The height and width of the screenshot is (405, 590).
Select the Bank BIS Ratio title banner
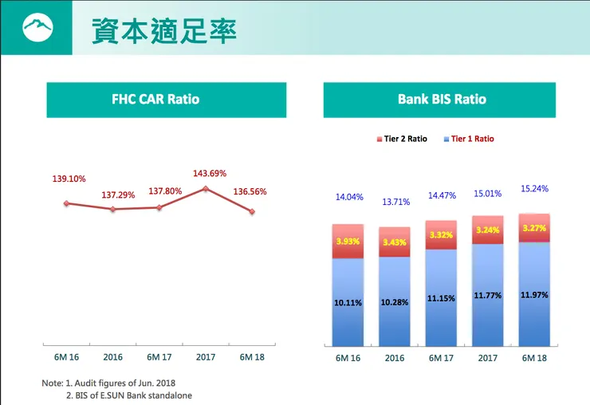click(442, 100)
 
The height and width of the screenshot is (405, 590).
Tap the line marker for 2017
click(206, 189)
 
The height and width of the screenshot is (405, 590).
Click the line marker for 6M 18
click(252, 211)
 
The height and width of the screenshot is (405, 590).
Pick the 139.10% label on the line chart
click(68, 179)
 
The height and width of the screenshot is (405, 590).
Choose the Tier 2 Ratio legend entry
click(403, 139)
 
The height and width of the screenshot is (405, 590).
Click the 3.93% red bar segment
click(348, 242)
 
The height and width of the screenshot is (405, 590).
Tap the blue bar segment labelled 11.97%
click(533, 295)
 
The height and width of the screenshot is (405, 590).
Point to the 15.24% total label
click(534, 189)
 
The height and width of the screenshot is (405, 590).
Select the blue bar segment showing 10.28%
click(395, 301)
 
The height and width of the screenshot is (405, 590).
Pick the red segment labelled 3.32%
click(442, 235)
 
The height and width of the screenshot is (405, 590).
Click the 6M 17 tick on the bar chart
click(441, 358)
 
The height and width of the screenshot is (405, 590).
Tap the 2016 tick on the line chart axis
click(112, 357)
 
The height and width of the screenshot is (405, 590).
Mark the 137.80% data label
click(159, 192)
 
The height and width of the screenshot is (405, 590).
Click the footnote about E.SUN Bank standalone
click(128, 395)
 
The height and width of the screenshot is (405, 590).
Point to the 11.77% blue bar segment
click(488, 296)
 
